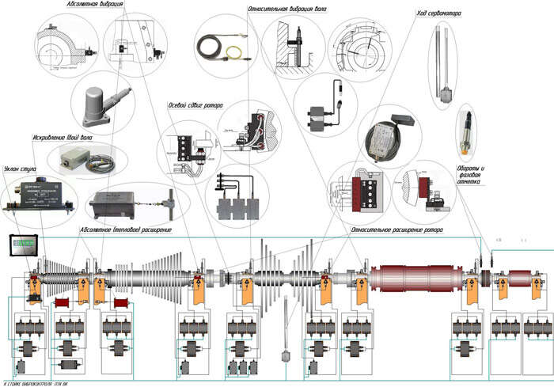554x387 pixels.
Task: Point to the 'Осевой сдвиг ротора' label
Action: click(195, 105)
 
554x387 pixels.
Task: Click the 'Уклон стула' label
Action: click(21, 168)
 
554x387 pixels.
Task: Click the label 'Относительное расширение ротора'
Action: click(397, 229)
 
